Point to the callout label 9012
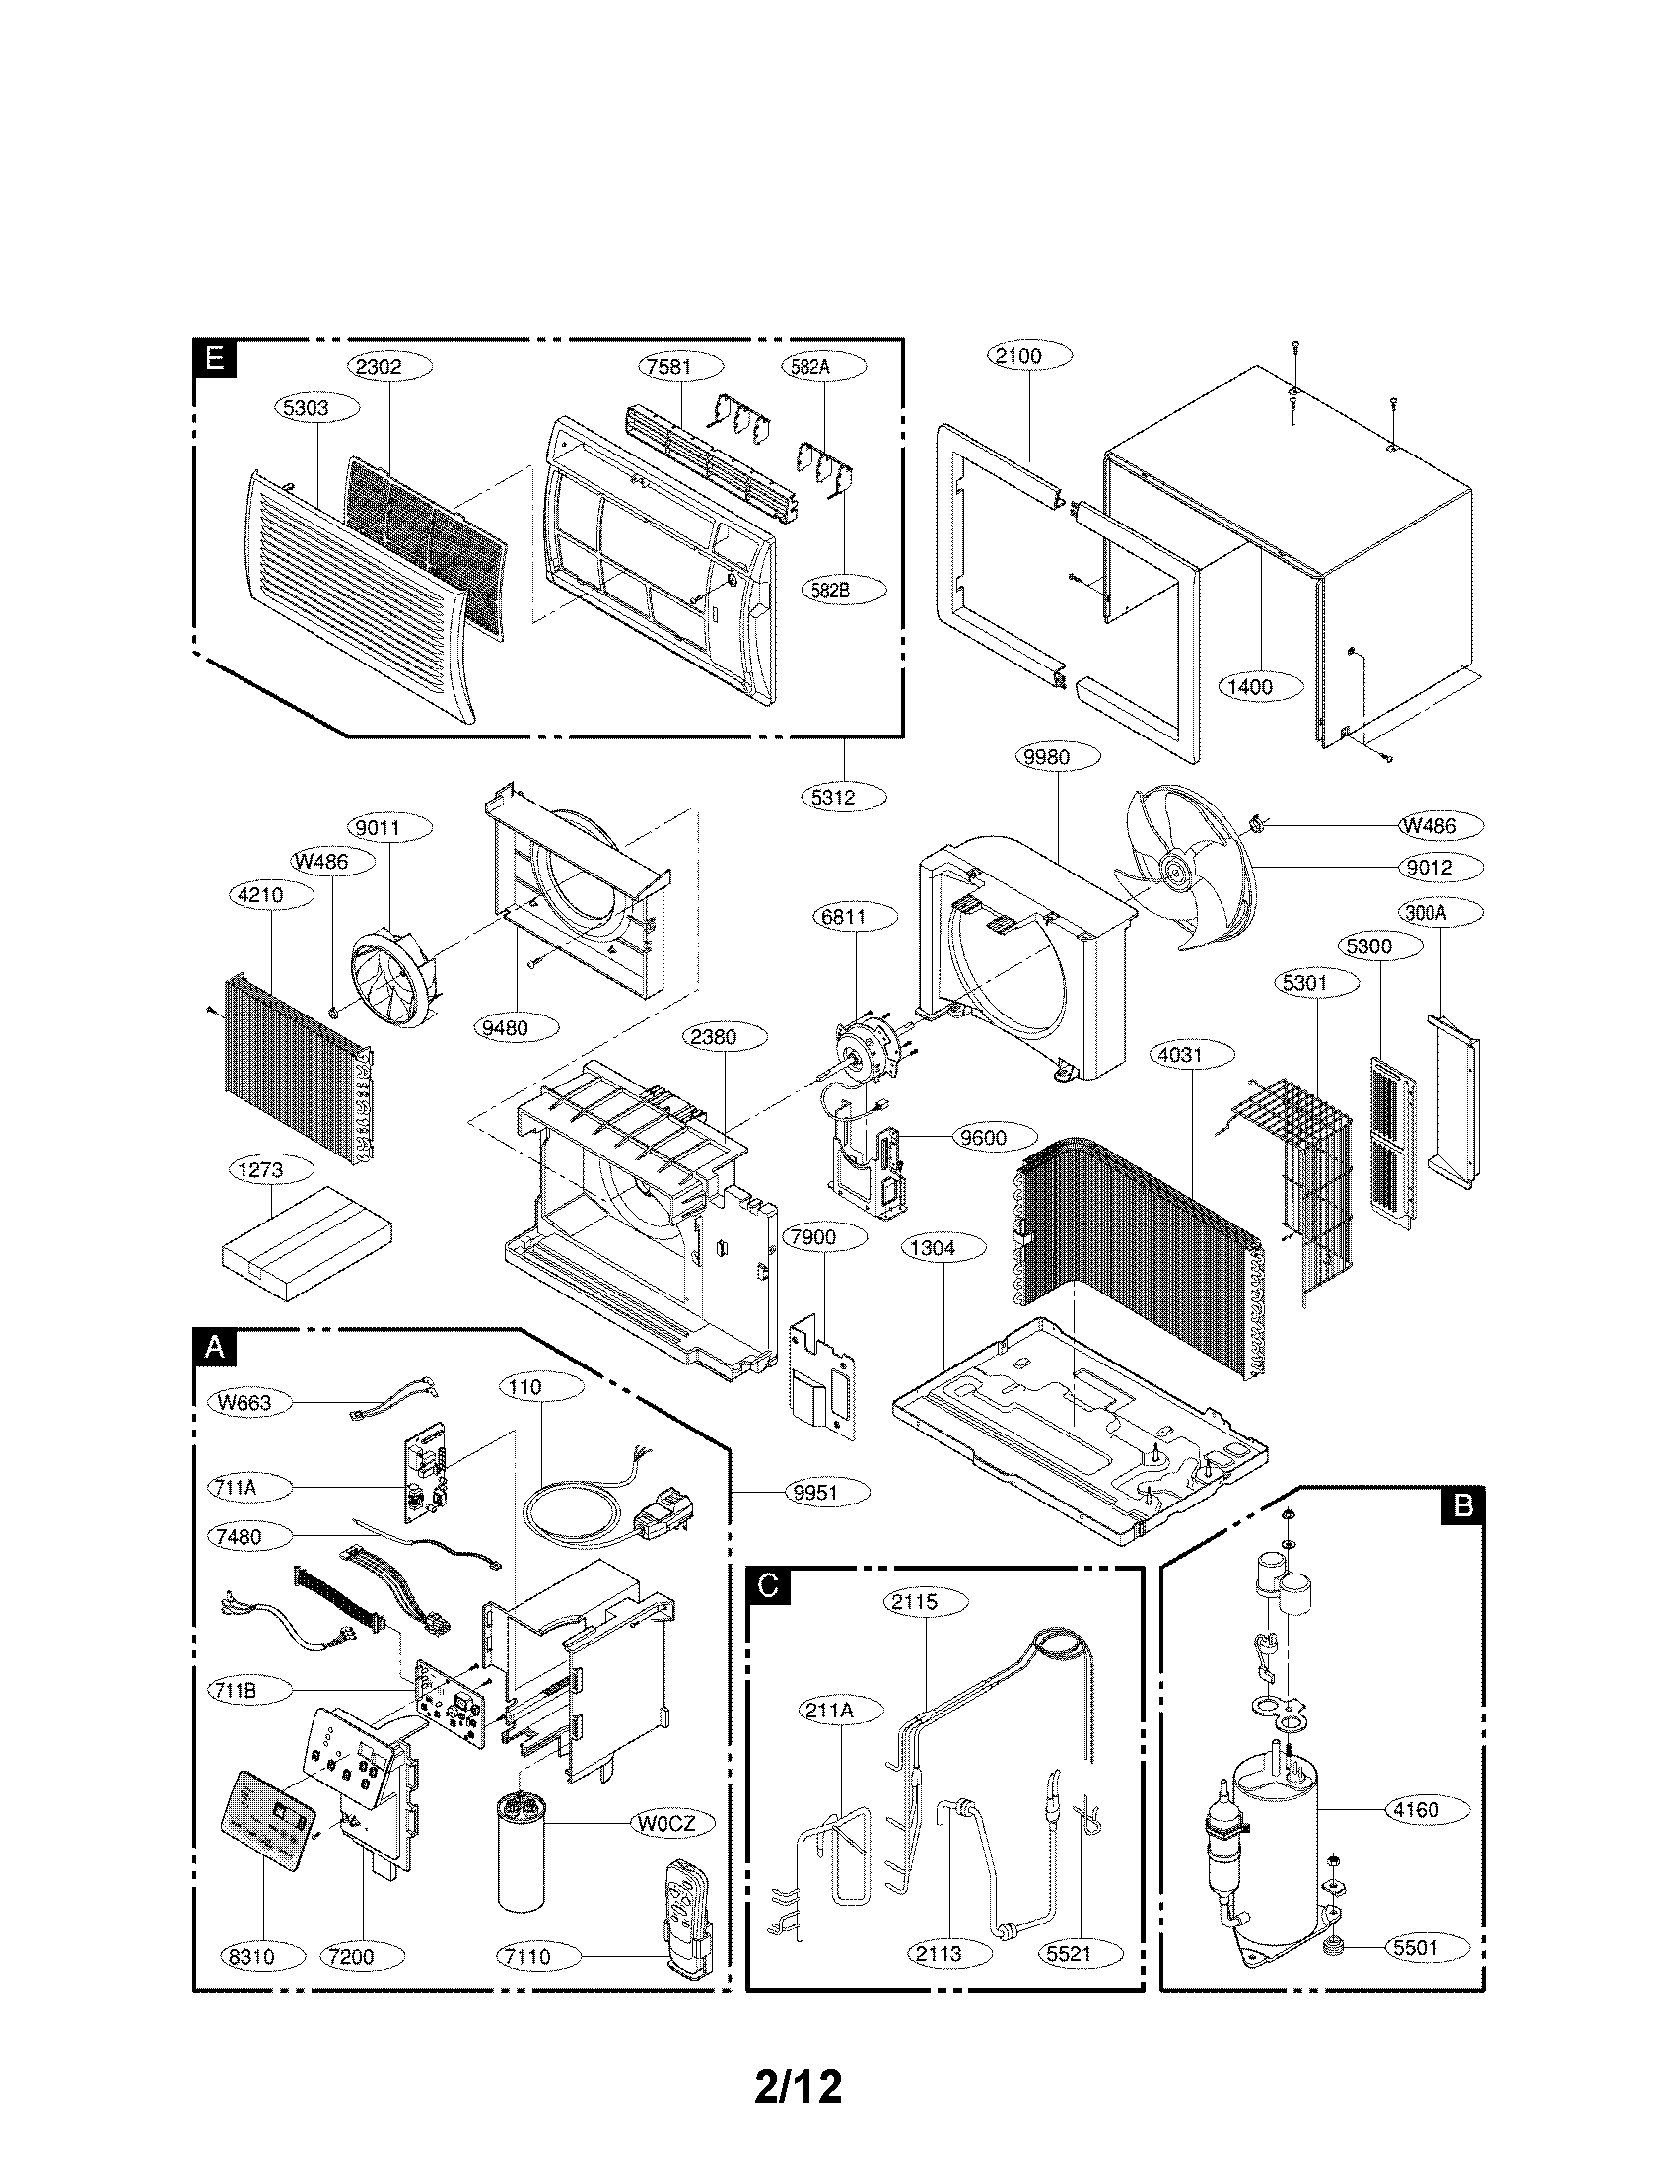pos(1429,867)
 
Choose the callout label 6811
pos(843,917)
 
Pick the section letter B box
pos(1462,1506)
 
